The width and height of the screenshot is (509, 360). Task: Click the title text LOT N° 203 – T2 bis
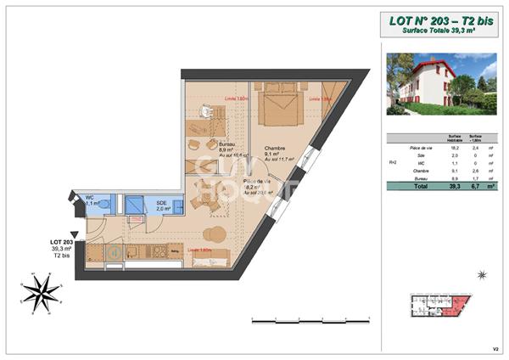click(x=438, y=20)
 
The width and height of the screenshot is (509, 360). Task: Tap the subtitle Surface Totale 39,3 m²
click(x=438, y=31)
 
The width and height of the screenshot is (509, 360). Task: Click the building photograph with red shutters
click(x=441, y=83)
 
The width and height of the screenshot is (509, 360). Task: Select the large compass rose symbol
click(x=42, y=293)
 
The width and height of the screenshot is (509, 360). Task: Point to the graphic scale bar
click(x=311, y=321)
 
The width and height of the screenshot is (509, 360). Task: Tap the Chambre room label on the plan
click(x=274, y=147)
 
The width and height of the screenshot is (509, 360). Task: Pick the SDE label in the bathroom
click(x=161, y=203)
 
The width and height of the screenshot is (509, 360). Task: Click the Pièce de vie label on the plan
click(x=258, y=183)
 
